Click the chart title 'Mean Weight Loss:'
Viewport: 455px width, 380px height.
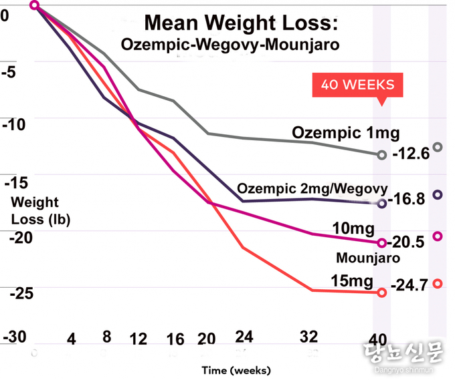[242, 23]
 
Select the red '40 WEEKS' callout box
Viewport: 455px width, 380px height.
[357, 85]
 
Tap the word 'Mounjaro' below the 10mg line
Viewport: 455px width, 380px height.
[368, 258]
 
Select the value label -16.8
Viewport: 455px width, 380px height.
[407, 199]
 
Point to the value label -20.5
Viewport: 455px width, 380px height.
[407, 243]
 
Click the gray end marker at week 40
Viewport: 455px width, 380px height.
[382, 155]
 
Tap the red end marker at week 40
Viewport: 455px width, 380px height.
[382, 293]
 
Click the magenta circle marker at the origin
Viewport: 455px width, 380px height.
[35, 6]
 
